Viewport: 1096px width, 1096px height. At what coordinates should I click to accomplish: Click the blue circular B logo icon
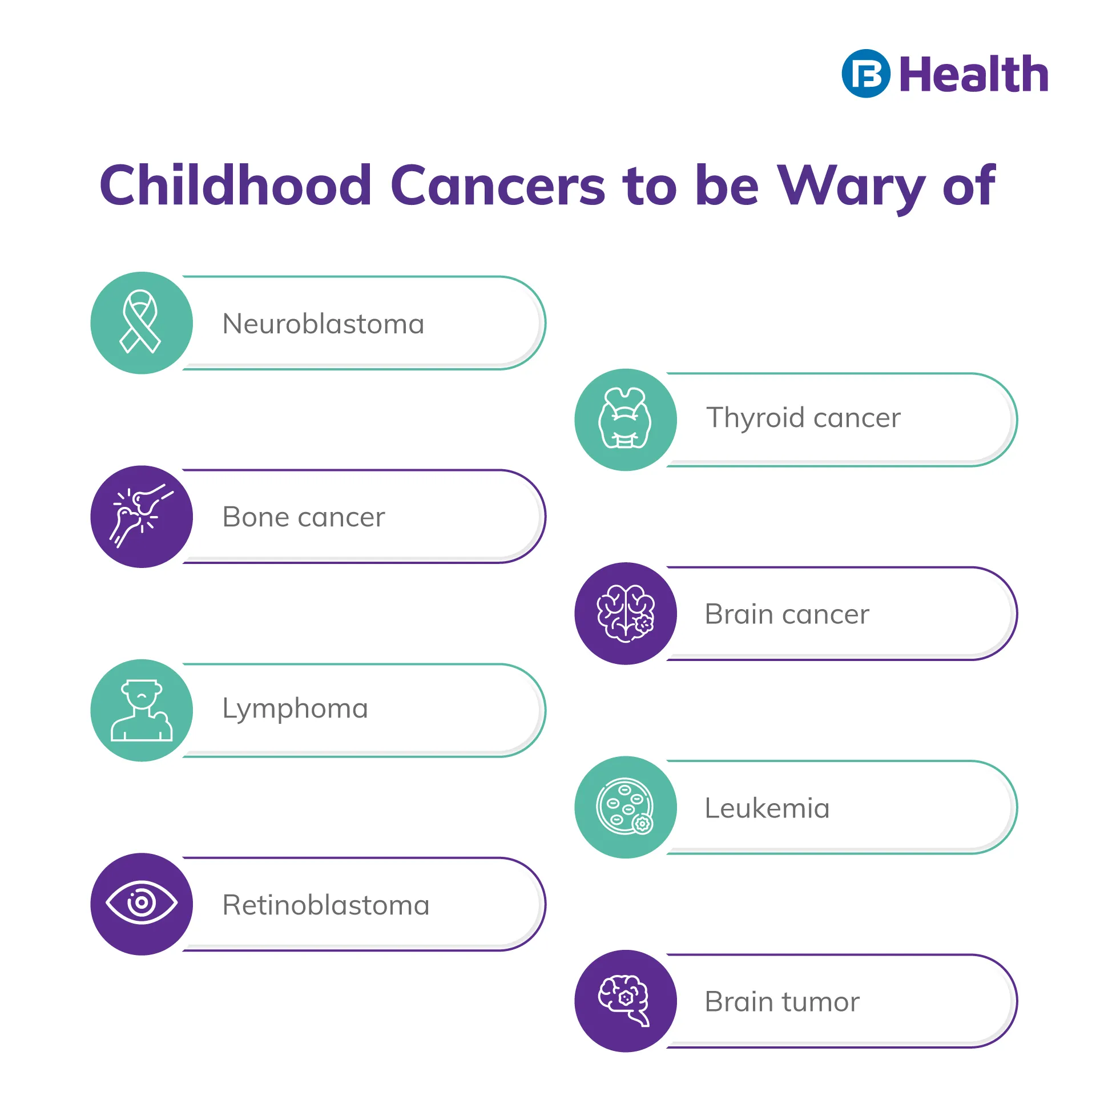pos(866,74)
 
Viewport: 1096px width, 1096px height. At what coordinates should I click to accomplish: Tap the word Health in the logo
pos(974,74)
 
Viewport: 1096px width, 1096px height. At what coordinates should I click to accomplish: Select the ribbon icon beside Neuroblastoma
pos(140,321)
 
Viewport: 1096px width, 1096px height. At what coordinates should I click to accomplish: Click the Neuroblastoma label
pos(324,324)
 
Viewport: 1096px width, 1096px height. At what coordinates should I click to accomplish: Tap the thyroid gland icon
pos(625,418)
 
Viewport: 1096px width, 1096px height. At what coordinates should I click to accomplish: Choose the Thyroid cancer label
pos(804,418)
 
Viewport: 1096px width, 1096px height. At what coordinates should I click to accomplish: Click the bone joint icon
pos(142,515)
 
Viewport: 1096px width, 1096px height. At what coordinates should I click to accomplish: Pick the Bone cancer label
pos(304,517)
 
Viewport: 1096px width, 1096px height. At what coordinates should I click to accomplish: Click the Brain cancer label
pos(787,614)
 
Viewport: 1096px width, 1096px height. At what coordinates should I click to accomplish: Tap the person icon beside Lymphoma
pos(142,710)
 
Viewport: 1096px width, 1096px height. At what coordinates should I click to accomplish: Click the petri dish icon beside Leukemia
pos(625,807)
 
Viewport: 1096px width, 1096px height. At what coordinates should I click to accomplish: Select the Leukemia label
pos(767,808)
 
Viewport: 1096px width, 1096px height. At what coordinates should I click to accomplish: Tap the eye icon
pos(142,902)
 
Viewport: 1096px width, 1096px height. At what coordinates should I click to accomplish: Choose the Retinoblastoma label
pos(326,905)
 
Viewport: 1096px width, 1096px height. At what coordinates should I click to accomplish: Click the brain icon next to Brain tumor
pos(624,1000)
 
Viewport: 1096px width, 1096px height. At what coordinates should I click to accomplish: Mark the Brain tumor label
pos(782,1002)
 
